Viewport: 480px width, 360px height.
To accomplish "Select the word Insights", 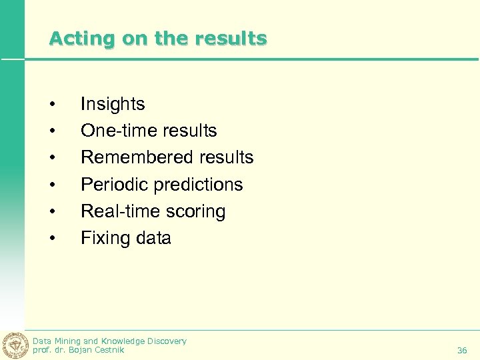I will (x=113, y=104).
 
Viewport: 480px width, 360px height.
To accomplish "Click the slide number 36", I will (x=462, y=350).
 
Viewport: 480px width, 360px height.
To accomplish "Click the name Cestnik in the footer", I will (x=108, y=350).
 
